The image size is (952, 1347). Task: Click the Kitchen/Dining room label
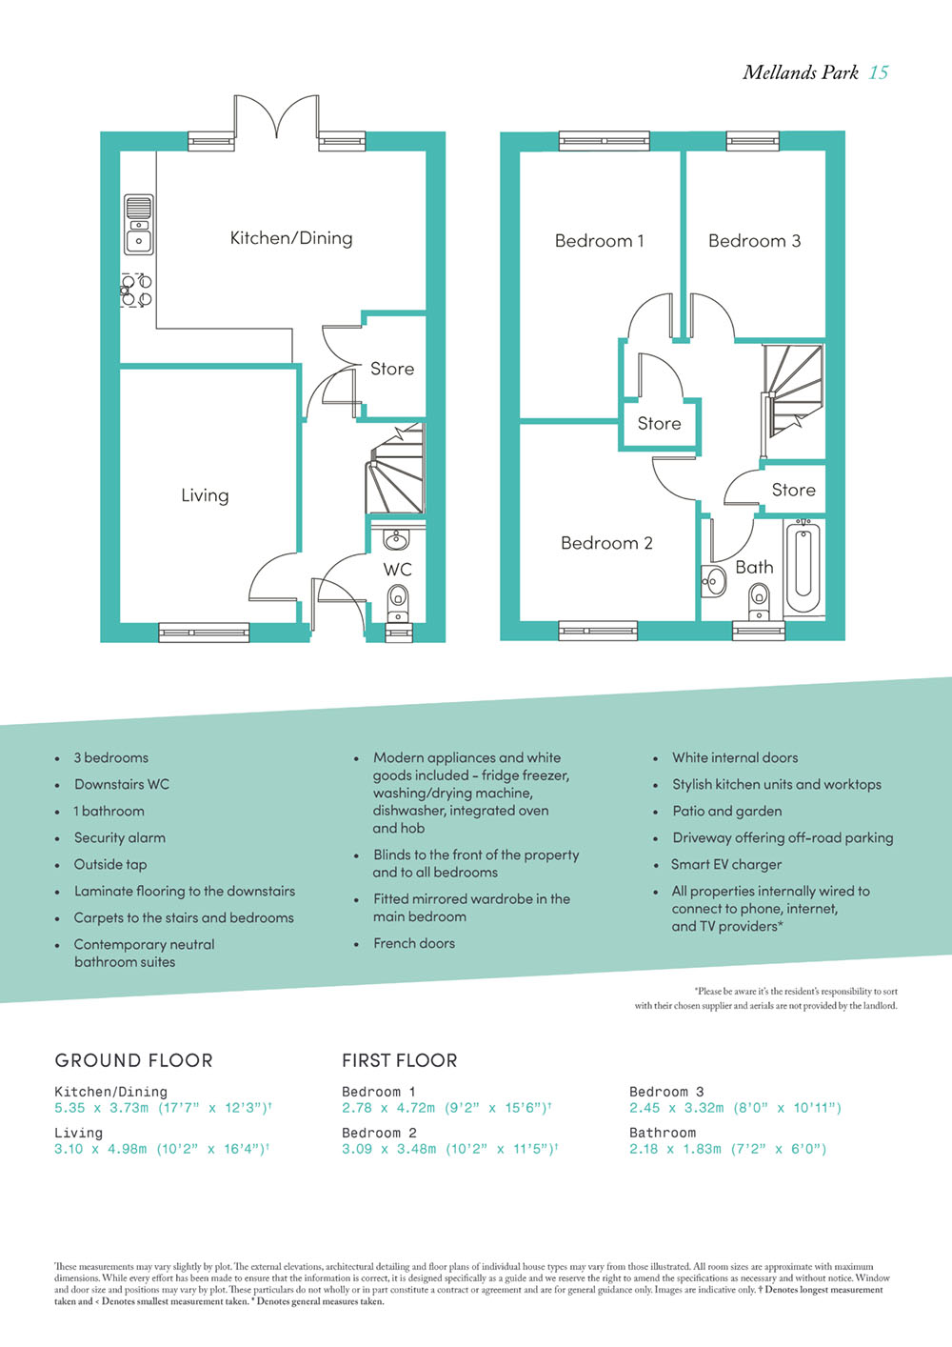point(291,238)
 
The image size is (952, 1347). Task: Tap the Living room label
point(205,495)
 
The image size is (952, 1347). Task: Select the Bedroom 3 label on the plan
point(754,241)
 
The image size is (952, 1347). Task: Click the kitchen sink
point(139,224)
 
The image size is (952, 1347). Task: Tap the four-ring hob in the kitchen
point(136,291)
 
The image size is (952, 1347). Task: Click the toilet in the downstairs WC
point(397,604)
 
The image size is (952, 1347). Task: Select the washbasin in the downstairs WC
point(395,539)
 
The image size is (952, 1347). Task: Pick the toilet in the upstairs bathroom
point(759,602)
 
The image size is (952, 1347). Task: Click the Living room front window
point(204,633)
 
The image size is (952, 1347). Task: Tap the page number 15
point(878,72)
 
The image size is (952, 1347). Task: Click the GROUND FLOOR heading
point(133,1060)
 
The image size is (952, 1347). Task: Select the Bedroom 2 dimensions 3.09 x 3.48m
point(388,1149)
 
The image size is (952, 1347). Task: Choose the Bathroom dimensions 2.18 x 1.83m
point(676,1149)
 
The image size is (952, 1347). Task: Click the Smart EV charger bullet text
point(726,864)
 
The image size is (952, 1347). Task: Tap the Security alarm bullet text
point(120,837)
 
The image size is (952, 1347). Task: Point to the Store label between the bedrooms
point(660,423)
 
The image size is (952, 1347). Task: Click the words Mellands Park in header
point(801,72)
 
